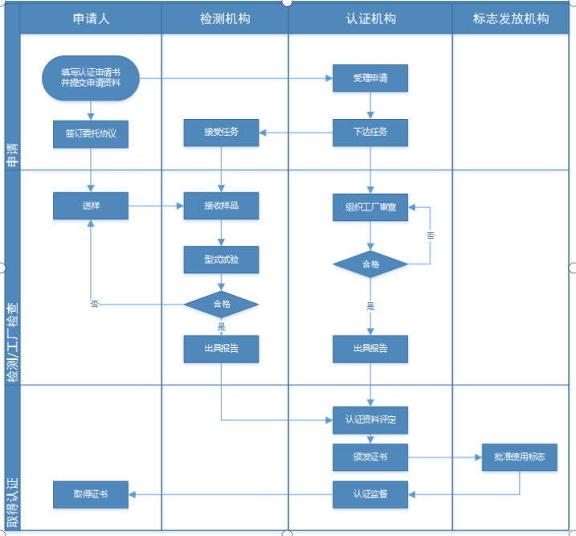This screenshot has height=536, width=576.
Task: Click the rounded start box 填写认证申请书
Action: tap(91, 78)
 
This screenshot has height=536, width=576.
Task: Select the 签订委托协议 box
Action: tap(91, 133)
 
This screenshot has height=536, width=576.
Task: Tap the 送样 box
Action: tap(91, 206)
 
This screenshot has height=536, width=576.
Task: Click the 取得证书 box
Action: tap(91, 494)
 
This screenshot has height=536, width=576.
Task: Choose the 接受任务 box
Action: tap(221, 133)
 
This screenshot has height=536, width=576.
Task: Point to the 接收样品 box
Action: tap(221, 206)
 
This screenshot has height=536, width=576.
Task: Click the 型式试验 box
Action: tap(221, 260)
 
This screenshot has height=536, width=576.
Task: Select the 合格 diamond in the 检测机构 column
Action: tap(221, 305)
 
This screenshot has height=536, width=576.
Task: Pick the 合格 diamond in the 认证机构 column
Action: tap(370, 264)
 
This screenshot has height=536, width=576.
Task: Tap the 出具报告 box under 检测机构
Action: tap(221, 349)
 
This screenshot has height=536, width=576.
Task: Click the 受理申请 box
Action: tap(370, 78)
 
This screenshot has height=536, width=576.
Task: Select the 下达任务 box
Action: tap(370, 133)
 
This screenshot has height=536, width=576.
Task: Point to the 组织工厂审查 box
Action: tap(370, 207)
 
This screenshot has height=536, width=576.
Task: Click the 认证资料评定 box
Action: tap(370, 419)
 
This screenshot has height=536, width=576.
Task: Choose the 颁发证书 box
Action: tap(370, 456)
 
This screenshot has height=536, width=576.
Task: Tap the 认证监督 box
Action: tap(370, 494)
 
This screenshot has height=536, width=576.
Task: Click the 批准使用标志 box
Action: tap(519, 456)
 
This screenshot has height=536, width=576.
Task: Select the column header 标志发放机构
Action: tap(512, 18)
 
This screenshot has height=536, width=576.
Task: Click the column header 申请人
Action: tap(91, 18)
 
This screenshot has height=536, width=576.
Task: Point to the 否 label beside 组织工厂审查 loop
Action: tap(431, 235)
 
